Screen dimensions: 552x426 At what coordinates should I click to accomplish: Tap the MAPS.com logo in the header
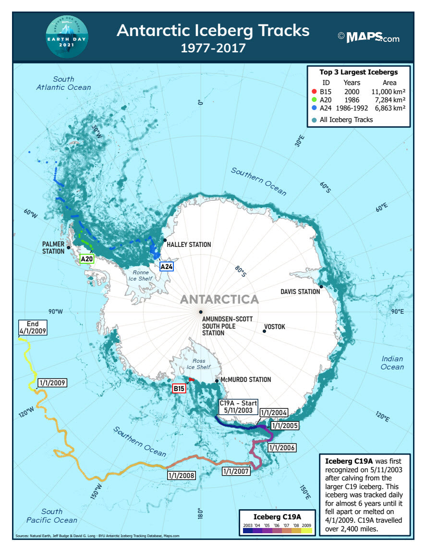click(368, 37)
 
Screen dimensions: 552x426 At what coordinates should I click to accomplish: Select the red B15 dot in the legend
click(314, 91)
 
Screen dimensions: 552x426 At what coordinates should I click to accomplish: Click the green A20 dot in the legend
click(314, 100)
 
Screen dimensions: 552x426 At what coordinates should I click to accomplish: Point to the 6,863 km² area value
click(390, 109)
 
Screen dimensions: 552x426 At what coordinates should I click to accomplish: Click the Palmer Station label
click(53, 248)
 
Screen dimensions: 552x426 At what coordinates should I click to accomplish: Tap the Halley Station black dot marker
click(165, 240)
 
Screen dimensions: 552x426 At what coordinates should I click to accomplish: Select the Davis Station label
click(300, 292)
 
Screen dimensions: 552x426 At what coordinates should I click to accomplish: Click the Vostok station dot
click(264, 331)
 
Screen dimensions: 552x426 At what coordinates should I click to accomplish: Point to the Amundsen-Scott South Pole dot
click(200, 312)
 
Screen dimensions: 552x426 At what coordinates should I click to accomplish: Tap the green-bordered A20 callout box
click(87, 259)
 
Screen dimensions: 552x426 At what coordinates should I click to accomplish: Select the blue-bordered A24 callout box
click(166, 266)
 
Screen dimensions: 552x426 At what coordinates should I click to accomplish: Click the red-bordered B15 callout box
click(179, 388)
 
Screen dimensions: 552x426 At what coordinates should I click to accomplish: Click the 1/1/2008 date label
click(181, 476)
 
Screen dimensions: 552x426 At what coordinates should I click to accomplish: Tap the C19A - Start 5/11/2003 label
click(238, 407)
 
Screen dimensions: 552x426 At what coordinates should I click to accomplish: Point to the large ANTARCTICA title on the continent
click(219, 299)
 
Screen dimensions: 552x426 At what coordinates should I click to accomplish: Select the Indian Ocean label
click(392, 363)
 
